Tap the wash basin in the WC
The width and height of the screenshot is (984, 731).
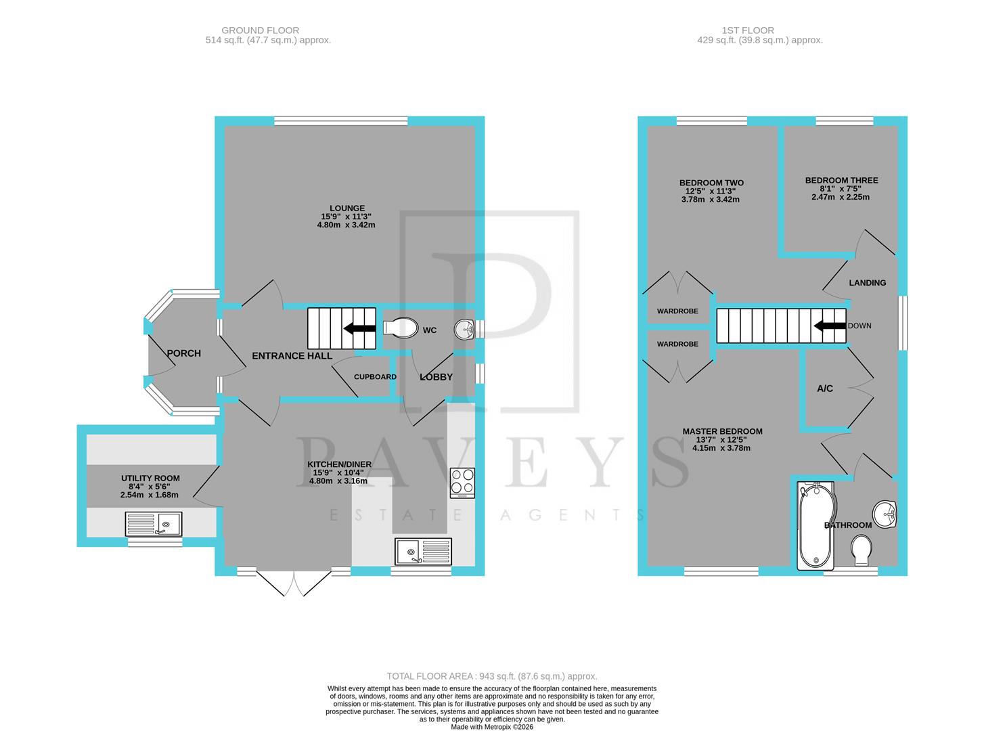point(465,329)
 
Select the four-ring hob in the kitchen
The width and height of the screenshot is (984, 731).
point(462,483)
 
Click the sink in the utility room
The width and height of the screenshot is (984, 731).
point(154,523)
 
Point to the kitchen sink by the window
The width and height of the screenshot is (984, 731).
point(423,551)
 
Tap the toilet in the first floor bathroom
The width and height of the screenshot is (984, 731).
point(862,550)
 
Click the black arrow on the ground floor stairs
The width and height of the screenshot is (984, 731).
point(359,329)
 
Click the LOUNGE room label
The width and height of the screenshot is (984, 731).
point(346,208)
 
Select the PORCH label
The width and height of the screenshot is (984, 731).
point(183,353)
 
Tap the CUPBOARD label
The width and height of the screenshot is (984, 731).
point(375,377)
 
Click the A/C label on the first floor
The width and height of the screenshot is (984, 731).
point(824,389)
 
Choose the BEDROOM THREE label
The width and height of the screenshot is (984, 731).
point(841,181)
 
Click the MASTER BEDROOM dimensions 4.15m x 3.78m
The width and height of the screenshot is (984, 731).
point(721,448)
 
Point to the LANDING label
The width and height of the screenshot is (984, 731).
point(867,283)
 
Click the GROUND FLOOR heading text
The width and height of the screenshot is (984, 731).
point(260,30)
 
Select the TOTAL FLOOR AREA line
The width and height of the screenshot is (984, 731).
point(491,676)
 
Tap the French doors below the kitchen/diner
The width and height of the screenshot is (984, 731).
point(294,583)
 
